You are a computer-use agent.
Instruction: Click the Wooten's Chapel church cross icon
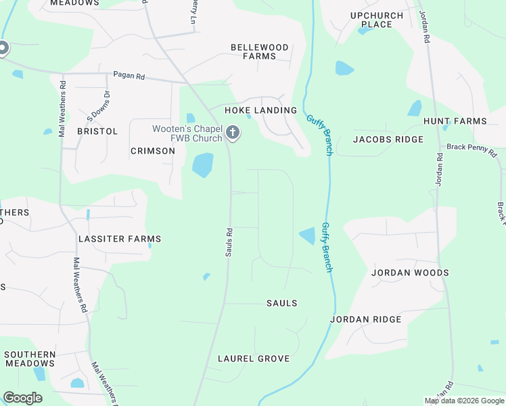pyautogui.click(x=233, y=133)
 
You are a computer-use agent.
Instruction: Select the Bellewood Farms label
pyautogui.click(x=260, y=52)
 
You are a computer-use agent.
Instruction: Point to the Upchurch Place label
pyautogui.click(x=377, y=20)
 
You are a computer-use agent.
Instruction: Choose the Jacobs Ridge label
pyautogui.click(x=388, y=139)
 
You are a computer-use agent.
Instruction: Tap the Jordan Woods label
pyautogui.click(x=410, y=273)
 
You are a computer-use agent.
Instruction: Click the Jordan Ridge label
pyautogui.click(x=365, y=319)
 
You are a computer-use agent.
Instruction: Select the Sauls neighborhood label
pyautogui.click(x=281, y=303)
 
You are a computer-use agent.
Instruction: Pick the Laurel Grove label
pyautogui.click(x=254, y=359)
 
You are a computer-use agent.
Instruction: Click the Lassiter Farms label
pyautogui.click(x=120, y=239)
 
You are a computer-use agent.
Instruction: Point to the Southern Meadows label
pyautogui.click(x=30, y=359)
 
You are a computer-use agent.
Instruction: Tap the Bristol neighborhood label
pyautogui.click(x=97, y=131)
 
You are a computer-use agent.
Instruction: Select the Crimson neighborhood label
pyautogui.click(x=152, y=151)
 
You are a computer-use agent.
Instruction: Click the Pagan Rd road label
pyautogui.click(x=129, y=76)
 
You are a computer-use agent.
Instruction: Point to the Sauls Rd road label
pyautogui.click(x=229, y=241)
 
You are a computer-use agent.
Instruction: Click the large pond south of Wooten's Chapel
pyautogui.click(x=202, y=164)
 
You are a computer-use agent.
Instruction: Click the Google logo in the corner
pyautogui.click(x=23, y=398)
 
